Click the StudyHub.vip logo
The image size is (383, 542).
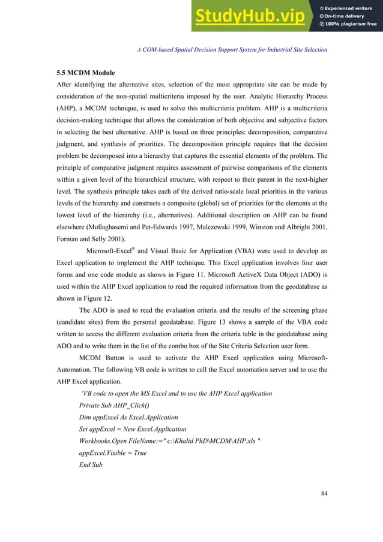[249, 17]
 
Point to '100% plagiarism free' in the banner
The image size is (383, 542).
[351, 24]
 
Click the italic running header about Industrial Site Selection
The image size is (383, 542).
[232, 49]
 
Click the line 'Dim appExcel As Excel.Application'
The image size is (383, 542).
[128, 417]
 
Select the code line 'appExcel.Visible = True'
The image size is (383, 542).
[113, 453]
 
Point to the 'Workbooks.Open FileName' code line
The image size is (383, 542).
[169, 441]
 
